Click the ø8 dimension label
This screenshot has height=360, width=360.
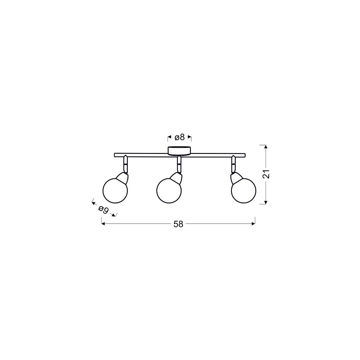point(179,137)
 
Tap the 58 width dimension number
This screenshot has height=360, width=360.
point(178,224)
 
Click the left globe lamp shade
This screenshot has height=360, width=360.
point(115,190)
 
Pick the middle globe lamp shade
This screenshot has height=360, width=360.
point(169,190)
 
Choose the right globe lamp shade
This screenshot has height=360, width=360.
point(244,190)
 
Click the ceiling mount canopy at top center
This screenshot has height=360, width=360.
point(179,150)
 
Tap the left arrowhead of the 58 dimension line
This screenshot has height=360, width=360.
point(103,223)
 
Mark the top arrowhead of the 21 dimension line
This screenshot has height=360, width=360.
point(265,146)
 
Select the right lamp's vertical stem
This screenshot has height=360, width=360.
point(233,164)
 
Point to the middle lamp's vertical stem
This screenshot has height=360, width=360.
point(179,164)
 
